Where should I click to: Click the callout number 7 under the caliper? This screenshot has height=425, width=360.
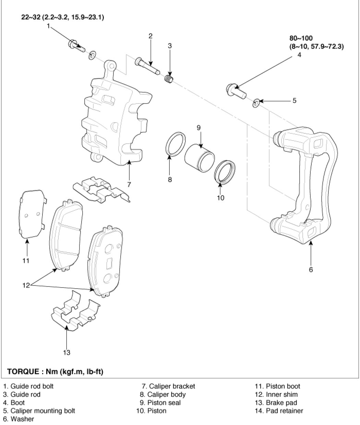pyautogui.click(x=129, y=184)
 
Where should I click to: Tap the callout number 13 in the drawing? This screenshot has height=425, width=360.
pyautogui.click(x=67, y=352)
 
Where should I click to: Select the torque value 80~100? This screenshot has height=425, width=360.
pyautogui.click(x=301, y=38)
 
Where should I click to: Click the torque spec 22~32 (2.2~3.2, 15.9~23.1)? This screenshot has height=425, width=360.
pyautogui.click(x=62, y=17)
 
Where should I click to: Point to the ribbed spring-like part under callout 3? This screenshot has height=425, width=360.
pyautogui.click(x=169, y=79)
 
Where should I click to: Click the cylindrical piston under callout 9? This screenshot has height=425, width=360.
pyautogui.click(x=200, y=158)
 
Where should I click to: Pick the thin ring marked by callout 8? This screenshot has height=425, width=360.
pyautogui.click(x=176, y=144)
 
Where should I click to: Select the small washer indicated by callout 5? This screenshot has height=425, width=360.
pyautogui.click(x=256, y=103)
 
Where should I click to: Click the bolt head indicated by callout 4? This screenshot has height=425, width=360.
pyautogui.click(x=236, y=91)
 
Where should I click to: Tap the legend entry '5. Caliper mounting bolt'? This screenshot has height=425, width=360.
pyautogui.click(x=39, y=411)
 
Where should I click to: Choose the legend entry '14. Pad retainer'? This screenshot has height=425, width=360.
pyautogui.click(x=279, y=411)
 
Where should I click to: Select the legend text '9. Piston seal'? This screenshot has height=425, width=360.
pyautogui.click(x=160, y=403)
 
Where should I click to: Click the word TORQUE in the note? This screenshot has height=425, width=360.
pyautogui.click(x=23, y=372)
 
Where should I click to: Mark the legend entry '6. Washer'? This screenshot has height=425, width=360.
pyautogui.click(x=19, y=419)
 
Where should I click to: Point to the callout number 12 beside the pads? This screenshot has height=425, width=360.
pyautogui.click(x=26, y=286)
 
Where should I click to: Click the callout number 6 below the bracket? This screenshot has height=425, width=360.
pyautogui.click(x=311, y=269)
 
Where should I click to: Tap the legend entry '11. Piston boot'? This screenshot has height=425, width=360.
pyautogui.click(x=277, y=386)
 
